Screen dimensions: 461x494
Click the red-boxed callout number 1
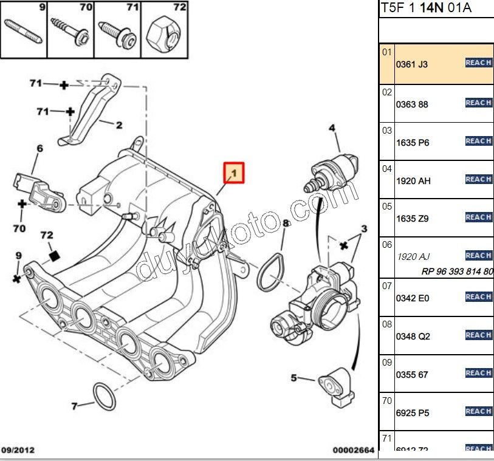click(234, 174)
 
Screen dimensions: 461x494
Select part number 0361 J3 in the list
click(412, 64)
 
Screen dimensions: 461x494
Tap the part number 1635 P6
click(412, 143)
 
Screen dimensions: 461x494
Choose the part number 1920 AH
click(413, 181)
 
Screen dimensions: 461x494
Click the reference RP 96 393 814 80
click(457, 271)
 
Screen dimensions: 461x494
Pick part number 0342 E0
click(412, 298)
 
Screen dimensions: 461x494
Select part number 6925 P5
click(412, 413)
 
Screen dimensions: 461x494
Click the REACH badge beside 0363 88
click(478, 103)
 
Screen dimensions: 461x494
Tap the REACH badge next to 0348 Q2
click(478, 335)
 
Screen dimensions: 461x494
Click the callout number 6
click(39, 148)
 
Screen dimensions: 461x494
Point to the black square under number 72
click(55, 256)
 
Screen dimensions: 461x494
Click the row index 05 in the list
click(387, 206)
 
